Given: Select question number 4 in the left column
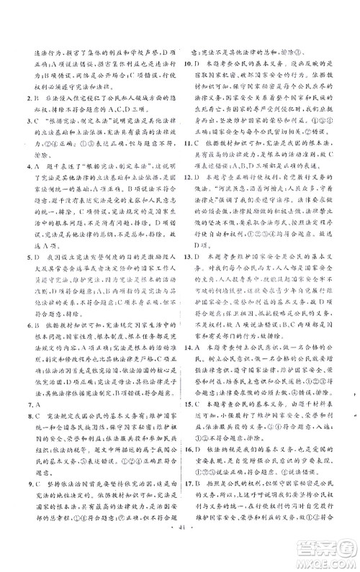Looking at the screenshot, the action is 19,166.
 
